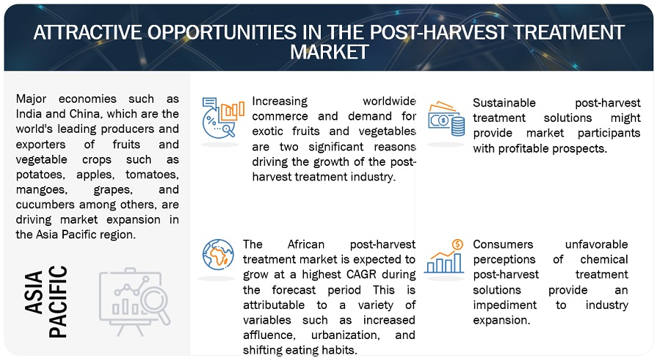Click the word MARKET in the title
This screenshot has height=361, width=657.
pos(330,52)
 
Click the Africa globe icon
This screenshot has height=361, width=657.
pos(218,254)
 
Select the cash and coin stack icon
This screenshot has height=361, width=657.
pos(446,119)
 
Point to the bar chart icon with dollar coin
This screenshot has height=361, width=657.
pos(444,256)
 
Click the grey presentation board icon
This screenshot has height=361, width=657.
pos(134,301)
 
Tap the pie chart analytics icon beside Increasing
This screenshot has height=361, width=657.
pos(223,117)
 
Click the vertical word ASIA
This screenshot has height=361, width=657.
pos(34,292)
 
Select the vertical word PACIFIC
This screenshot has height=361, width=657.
pos(58,302)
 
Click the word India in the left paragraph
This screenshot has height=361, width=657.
pos(28,114)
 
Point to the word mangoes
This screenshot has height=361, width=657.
pos(41,190)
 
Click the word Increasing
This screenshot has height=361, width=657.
pos(280,102)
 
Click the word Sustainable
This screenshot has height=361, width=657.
pos(504,103)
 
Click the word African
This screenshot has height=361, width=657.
pos(306,244)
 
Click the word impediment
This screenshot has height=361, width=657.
pos(504,305)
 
